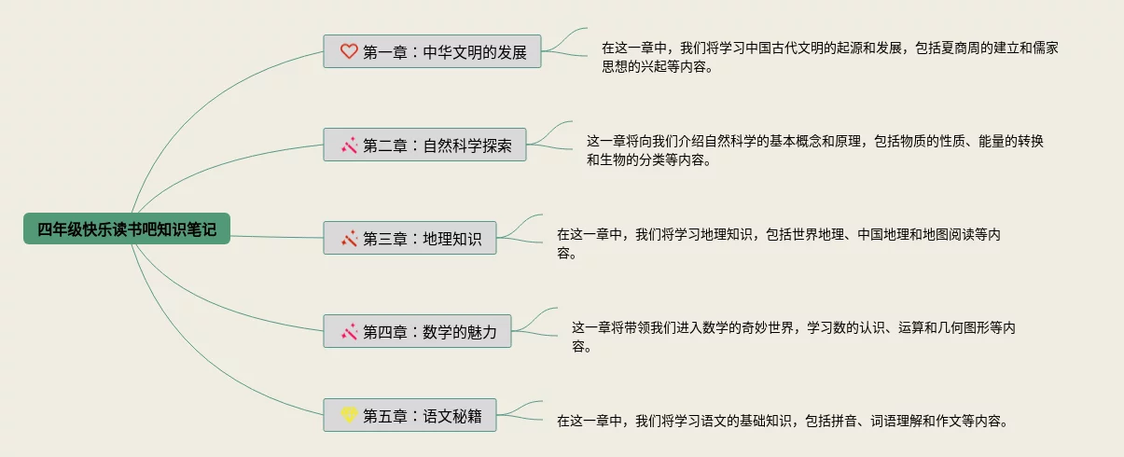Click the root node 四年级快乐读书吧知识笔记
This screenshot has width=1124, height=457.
[127, 229]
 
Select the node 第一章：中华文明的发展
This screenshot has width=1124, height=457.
[432, 52]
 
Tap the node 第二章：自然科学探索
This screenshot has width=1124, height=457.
[424, 145]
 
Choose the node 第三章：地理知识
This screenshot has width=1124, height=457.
[409, 239]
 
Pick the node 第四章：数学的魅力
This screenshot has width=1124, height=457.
[417, 332]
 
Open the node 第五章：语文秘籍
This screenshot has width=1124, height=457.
[409, 416]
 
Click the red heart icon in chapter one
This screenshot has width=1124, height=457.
[349, 52]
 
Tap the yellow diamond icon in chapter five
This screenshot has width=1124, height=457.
[349, 415]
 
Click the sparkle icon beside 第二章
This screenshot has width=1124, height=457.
[349, 145]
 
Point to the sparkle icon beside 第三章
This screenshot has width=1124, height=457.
[349, 239]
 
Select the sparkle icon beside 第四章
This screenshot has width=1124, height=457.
[349, 332]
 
